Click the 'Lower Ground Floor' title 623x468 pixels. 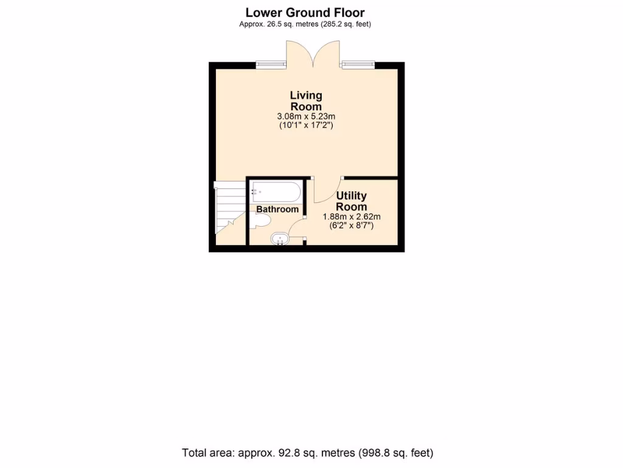(305, 12)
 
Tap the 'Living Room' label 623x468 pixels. (305, 101)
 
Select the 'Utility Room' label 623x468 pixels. (351, 201)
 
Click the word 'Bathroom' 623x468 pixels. (277, 209)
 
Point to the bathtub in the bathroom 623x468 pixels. (275, 192)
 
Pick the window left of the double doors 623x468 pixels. (271, 63)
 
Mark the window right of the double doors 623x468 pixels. (358, 63)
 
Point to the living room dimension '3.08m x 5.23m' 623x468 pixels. (305, 116)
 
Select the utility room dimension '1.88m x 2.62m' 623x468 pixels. (352, 216)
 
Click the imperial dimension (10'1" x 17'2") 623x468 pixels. (305, 125)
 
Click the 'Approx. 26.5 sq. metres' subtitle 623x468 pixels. (305, 24)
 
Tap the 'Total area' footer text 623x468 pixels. (307, 453)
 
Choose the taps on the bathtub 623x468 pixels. (254, 191)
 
